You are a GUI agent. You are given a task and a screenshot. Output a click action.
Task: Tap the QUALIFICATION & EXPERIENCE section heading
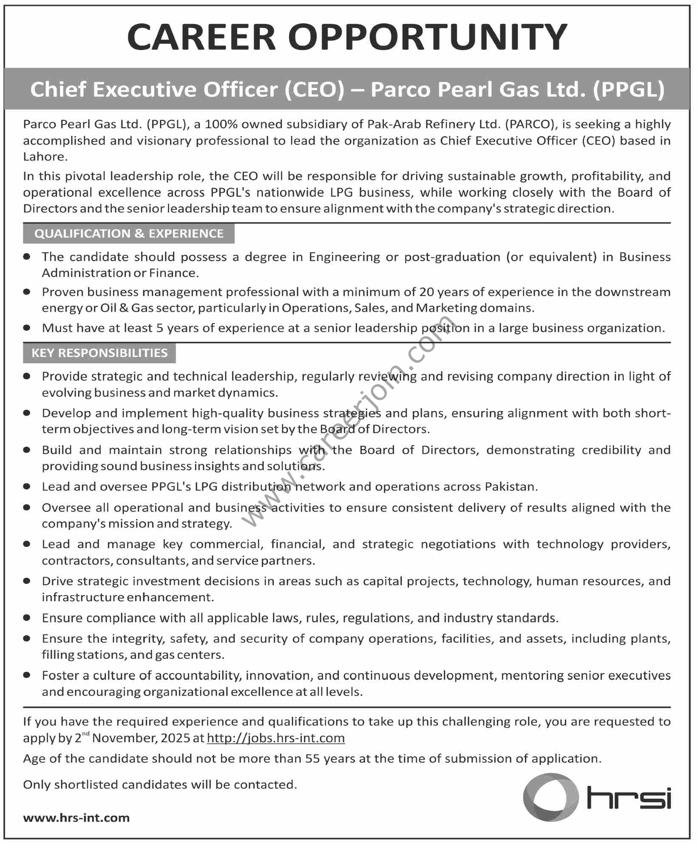pos(129,234)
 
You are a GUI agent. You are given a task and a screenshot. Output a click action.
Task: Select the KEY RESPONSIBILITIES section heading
pos(99,353)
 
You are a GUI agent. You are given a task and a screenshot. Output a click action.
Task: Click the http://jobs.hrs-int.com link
pos(275,738)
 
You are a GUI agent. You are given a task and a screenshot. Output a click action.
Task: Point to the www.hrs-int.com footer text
pos(77,817)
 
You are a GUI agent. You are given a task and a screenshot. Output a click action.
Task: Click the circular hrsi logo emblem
pos(550,797)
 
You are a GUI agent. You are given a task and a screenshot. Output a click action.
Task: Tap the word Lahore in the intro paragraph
pos(44,157)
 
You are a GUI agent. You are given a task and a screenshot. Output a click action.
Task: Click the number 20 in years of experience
pos(426,292)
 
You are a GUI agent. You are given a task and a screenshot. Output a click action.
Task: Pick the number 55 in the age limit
pos(312,758)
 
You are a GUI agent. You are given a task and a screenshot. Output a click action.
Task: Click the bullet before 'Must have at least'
pos(27,327)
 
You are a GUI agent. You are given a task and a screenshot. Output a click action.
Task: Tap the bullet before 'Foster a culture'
pos(27,675)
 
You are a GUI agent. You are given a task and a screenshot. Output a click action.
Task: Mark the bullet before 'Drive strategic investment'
pos(27,580)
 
